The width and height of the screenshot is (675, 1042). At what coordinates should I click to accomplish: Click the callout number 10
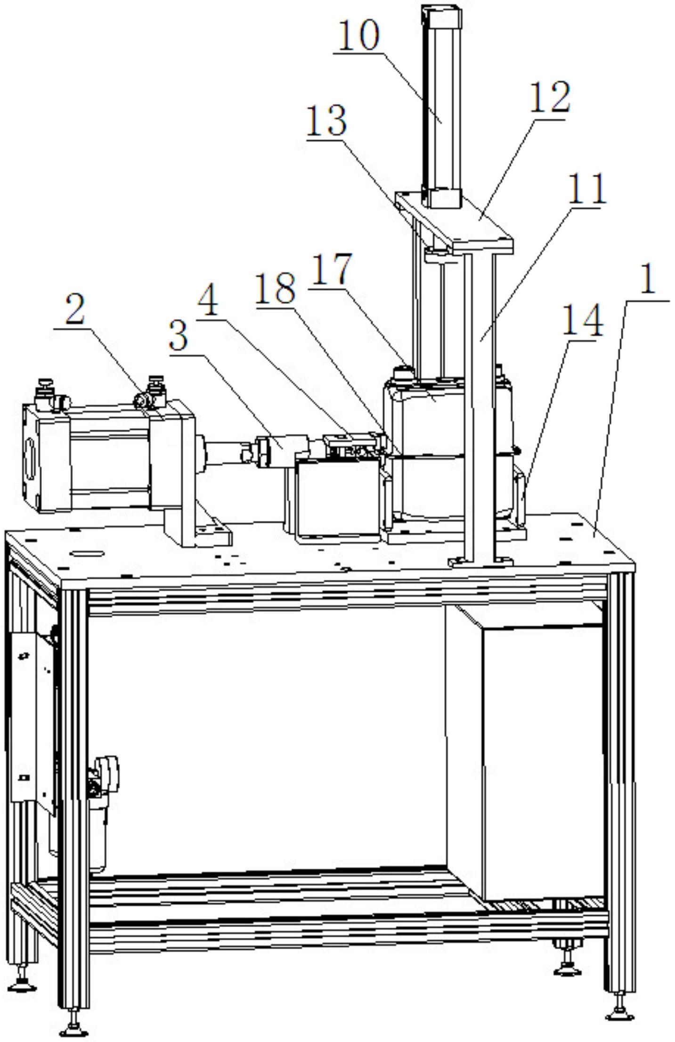(358, 36)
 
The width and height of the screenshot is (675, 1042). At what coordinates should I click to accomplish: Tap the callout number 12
(549, 98)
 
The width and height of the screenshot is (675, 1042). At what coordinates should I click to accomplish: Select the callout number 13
(326, 121)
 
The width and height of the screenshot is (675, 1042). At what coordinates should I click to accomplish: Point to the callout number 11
(586, 188)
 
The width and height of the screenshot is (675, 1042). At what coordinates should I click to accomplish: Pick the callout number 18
(276, 288)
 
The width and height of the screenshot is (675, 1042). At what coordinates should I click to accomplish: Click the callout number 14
(584, 320)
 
